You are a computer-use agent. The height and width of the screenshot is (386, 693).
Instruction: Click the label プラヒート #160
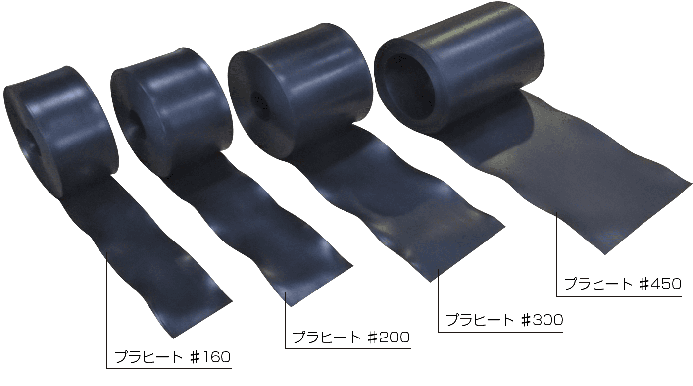(x=173, y=357)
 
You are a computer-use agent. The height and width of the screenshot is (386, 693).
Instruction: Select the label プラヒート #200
(x=351, y=337)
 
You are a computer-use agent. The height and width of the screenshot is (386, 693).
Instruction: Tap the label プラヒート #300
(x=504, y=320)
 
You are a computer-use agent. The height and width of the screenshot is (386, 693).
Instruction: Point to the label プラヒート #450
(x=623, y=284)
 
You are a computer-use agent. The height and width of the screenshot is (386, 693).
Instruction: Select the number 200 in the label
(x=395, y=337)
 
